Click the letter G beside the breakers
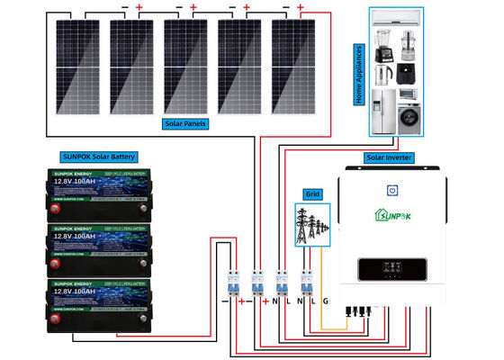pos(325,301)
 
